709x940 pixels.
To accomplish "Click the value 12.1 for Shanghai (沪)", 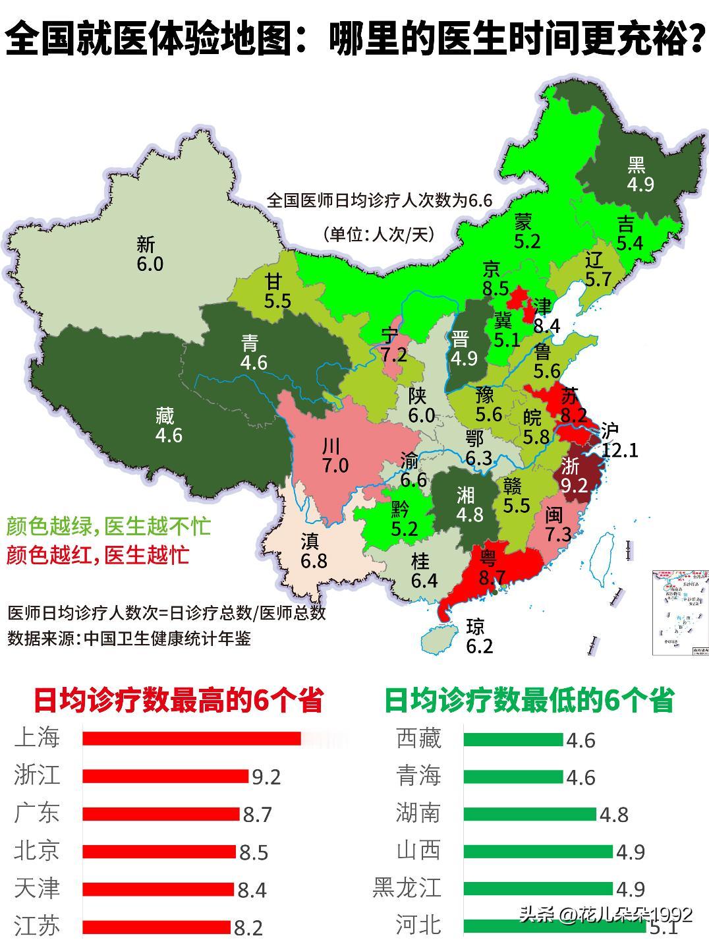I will click(620, 450).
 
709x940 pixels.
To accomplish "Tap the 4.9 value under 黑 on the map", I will click(640, 184).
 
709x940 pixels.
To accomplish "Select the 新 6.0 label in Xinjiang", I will click(149, 254).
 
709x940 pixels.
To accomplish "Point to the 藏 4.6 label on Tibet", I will click(168, 425).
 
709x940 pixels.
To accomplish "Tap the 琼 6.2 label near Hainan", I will click(479, 637).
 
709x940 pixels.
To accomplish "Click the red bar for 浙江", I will click(165, 776).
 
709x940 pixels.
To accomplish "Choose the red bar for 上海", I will click(191, 738).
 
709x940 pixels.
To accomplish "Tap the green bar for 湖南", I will click(529, 814).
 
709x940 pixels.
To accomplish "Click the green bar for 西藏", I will click(513, 739).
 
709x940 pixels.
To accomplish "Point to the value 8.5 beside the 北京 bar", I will click(254, 853).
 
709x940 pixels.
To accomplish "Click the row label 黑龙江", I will click(407, 887).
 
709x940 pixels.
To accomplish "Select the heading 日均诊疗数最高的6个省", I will click(178, 700).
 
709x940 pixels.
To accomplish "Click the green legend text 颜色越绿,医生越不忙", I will click(109, 526).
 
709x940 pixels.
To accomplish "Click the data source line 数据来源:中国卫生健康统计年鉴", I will click(129, 638).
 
